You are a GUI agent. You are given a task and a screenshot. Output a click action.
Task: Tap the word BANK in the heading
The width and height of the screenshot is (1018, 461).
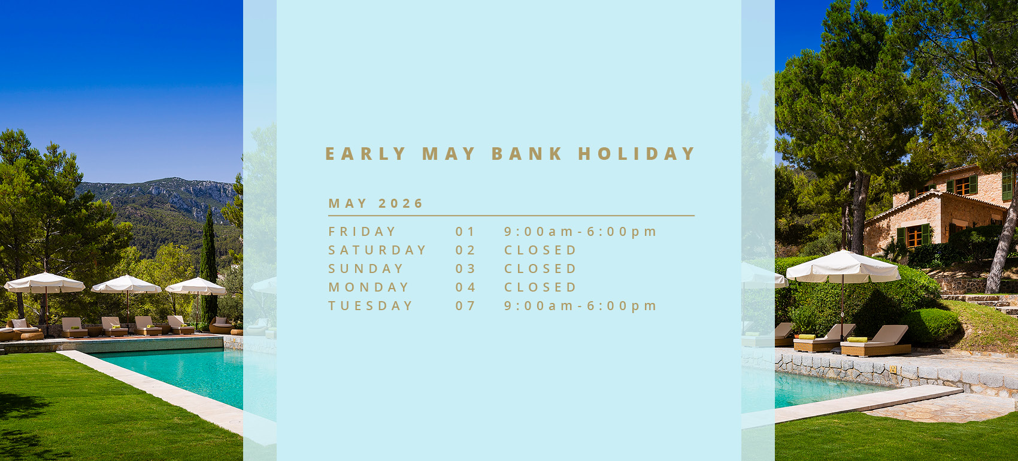(x=527, y=153)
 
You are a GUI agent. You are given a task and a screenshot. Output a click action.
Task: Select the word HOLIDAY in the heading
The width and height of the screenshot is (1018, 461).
(x=636, y=153)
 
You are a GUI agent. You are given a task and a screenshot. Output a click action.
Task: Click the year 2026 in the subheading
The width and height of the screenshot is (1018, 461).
(x=401, y=203)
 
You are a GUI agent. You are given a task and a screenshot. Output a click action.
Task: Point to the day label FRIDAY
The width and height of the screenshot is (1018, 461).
(x=362, y=232)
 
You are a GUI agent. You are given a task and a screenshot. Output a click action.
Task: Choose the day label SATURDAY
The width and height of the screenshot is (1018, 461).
(x=377, y=250)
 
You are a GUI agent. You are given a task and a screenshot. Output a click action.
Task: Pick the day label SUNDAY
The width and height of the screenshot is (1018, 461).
(x=366, y=269)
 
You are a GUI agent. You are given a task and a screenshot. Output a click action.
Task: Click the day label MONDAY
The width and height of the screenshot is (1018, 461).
(x=368, y=287)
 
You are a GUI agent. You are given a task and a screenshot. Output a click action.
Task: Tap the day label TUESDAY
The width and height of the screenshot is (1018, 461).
(x=371, y=306)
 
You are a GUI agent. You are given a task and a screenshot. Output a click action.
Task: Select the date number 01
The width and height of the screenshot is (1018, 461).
(x=465, y=232)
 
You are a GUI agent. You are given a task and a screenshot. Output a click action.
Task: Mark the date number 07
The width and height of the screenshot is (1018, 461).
(x=465, y=306)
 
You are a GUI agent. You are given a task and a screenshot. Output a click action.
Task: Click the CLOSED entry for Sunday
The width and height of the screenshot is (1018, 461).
(x=540, y=269)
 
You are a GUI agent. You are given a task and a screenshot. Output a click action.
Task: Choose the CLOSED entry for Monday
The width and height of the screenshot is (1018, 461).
(x=540, y=287)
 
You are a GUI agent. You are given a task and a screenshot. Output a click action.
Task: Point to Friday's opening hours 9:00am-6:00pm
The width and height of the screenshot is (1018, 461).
(x=580, y=232)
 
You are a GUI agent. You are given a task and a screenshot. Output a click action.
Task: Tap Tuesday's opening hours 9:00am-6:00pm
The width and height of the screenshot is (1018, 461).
(x=580, y=306)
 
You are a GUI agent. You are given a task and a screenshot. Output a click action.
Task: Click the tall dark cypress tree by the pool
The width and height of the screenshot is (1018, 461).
(x=208, y=268)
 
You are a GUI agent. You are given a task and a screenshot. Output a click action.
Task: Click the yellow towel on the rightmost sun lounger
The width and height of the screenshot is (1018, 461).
(x=857, y=339)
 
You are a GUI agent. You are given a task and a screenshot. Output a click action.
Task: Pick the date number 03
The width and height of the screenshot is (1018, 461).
(x=465, y=269)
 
